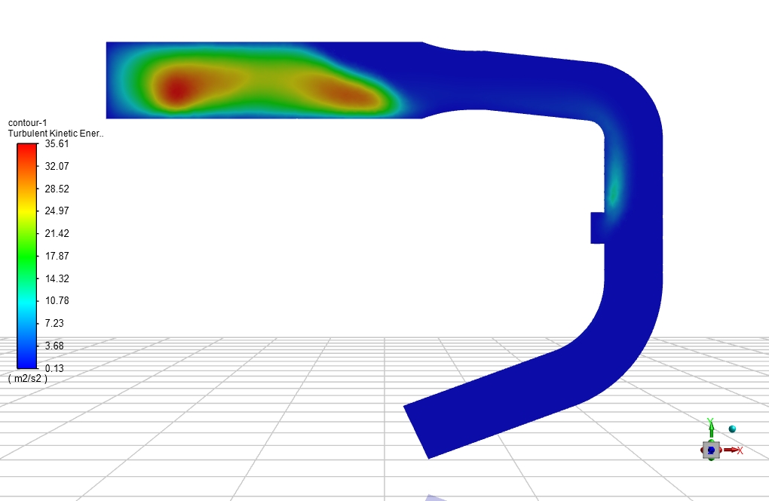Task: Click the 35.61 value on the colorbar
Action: [x=57, y=144]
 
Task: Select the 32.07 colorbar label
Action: [x=57, y=166]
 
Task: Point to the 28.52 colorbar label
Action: [x=57, y=189]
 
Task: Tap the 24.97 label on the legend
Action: [x=57, y=211]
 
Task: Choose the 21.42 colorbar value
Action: [x=57, y=234]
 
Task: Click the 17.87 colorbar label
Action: [x=57, y=256]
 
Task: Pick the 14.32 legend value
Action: [x=57, y=278]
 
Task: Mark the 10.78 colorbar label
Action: [x=57, y=301]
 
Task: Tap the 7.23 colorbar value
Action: [x=54, y=324]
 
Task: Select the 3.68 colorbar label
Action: [x=54, y=346]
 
